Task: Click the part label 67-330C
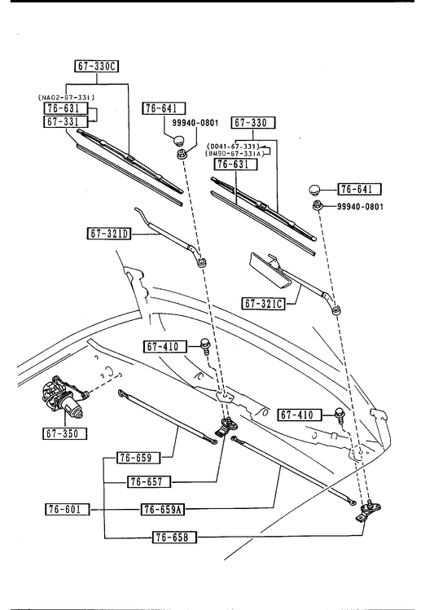click(x=96, y=66)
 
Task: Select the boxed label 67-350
click(x=64, y=433)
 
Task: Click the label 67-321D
click(x=109, y=234)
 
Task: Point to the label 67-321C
click(x=263, y=303)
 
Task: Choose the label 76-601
click(x=68, y=509)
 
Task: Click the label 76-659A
click(x=162, y=509)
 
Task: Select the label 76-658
click(x=174, y=538)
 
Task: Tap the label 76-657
click(x=149, y=482)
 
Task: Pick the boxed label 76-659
click(x=138, y=458)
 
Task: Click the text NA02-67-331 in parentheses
click(x=66, y=97)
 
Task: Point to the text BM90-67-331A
click(x=235, y=153)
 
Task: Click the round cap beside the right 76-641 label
click(x=314, y=191)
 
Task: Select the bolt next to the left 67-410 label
click(x=204, y=345)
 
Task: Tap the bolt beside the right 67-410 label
click(x=339, y=415)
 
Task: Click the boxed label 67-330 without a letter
click(x=253, y=123)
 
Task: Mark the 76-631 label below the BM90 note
click(x=235, y=165)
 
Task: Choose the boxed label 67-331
click(x=66, y=121)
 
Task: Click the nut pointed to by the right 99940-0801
click(x=317, y=205)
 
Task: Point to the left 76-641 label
click(x=164, y=108)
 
